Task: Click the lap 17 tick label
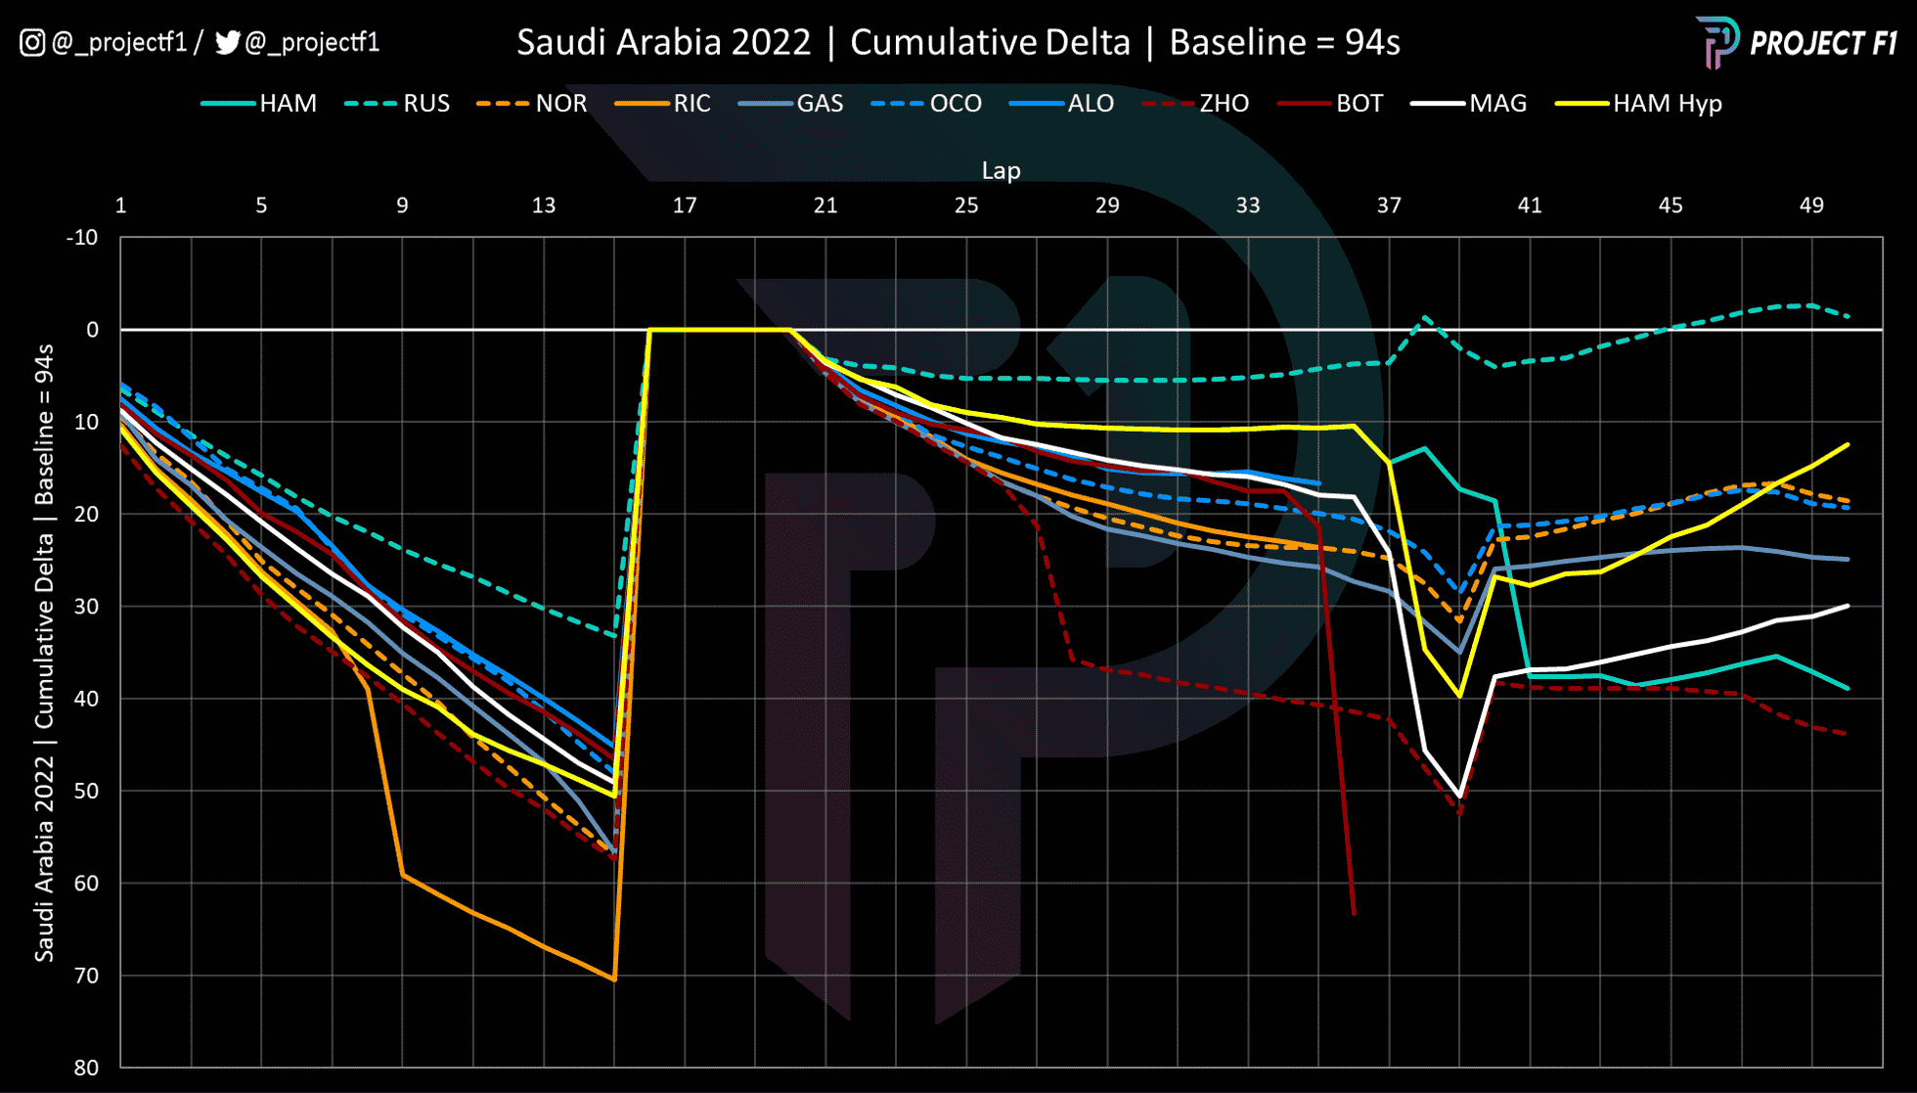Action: click(x=685, y=205)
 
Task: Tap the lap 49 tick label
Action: click(x=1811, y=205)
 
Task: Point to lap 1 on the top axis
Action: click(x=120, y=205)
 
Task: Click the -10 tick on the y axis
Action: click(x=82, y=238)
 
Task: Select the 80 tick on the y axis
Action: click(x=86, y=1068)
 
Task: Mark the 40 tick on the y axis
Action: click(x=86, y=699)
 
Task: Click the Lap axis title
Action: click(x=1001, y=170)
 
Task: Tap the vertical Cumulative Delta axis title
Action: click(x=44, y=652)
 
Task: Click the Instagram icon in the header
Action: click(x=32, y=43)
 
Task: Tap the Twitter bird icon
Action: click(x=227, y=43)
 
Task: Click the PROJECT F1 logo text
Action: click(x=1822, y=44)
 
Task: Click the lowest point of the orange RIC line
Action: click(x=614, y=979)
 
